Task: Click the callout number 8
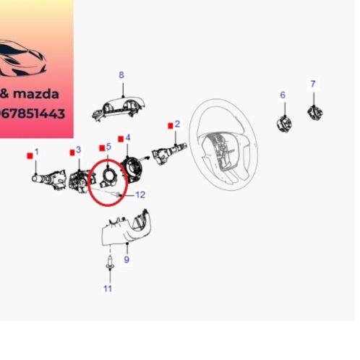coord(121,75)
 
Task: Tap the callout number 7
coord(313,85)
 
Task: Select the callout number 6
coord(283,95)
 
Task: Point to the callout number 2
coord(177,124)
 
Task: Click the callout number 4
coord(128,137)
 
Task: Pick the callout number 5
coord(108,146)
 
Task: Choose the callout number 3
coord(79,150)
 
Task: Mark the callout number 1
coord(37,153)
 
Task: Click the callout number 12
coord(140,194)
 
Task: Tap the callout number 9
coord(127,260)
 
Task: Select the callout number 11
coord(107,289)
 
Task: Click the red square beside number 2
coord(168,124)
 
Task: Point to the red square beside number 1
coord(29,154)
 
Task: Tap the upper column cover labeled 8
coord(119,107)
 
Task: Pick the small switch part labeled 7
coord(314,112)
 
